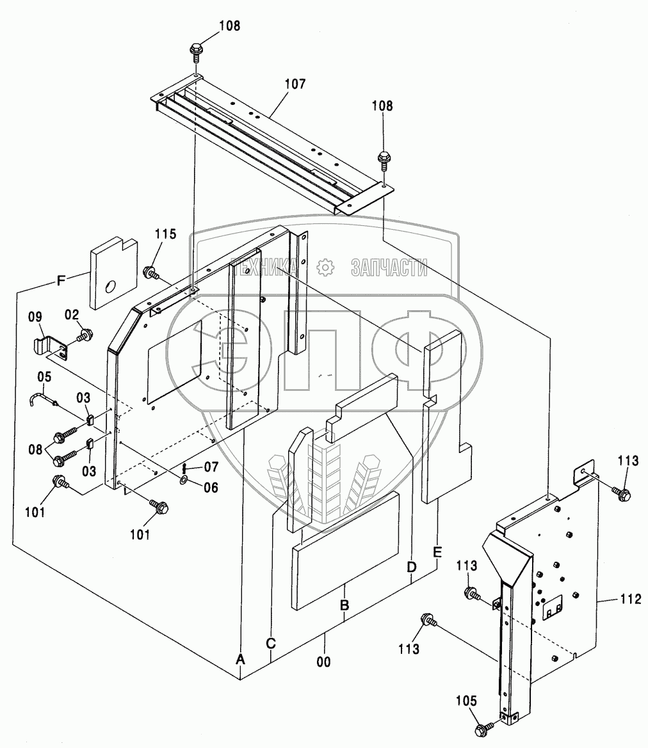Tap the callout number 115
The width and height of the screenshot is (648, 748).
click(x=165, y=234)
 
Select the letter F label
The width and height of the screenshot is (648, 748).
click(x=61, y=280)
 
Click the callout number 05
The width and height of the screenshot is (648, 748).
click(x=44, y=376)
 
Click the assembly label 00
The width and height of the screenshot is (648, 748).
click(x=324, y=662)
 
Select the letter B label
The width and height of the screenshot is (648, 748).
click(x=344, y=605)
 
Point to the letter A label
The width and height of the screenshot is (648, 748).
click(x=241, y=658)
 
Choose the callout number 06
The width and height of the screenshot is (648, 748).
click(x=210, y=488)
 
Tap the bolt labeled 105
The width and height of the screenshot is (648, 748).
click(x=483, y=729)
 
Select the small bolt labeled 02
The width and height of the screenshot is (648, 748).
click(x=83, y=334)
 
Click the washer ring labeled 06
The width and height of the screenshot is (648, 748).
click(x=183, y=479)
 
